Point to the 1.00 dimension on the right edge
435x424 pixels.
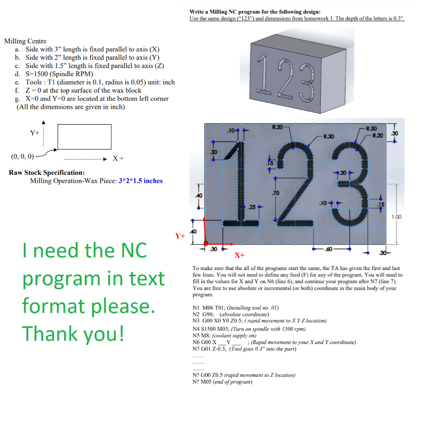click(396, 217)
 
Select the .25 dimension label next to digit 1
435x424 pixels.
click(251, 207)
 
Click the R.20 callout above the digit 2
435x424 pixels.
click(277, 127)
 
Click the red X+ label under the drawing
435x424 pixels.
click(239, 255)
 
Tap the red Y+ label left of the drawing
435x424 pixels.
click(180, 235)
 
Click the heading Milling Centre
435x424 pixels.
click(25, 41)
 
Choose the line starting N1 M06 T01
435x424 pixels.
click(236, 308)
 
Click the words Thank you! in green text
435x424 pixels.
click(73, 333)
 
